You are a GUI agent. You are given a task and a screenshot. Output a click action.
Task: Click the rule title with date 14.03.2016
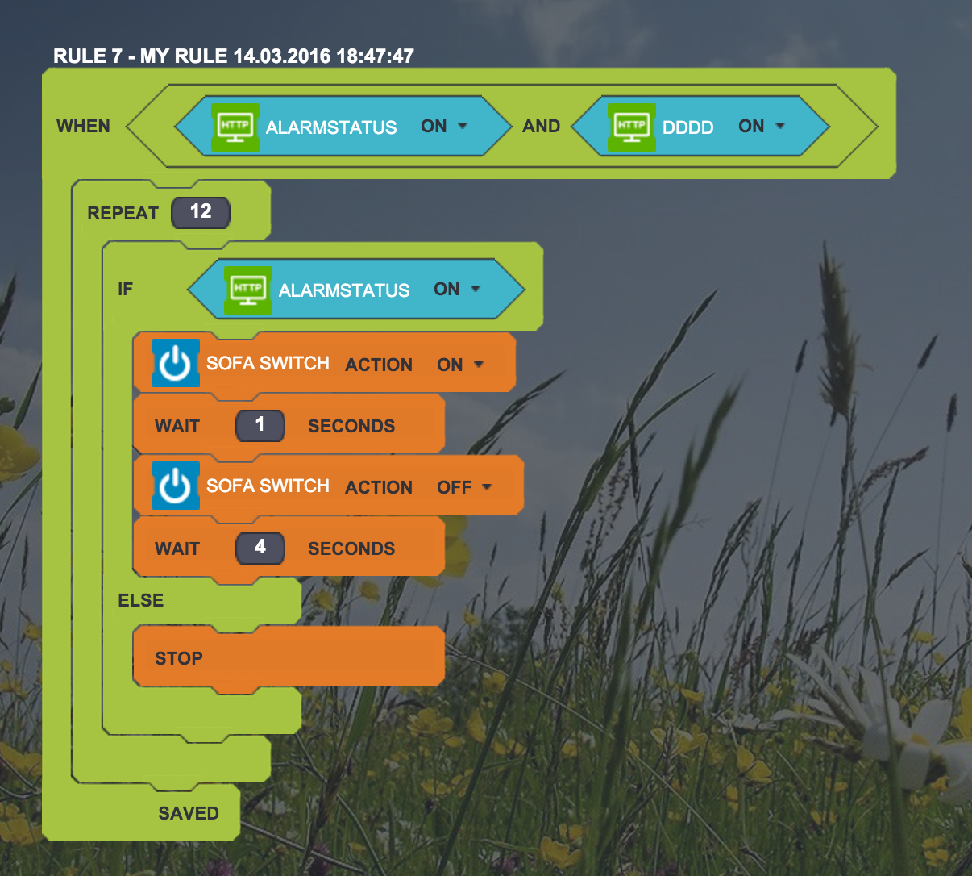coord(233,56)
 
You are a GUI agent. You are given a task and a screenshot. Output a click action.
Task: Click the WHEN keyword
coord(83,126)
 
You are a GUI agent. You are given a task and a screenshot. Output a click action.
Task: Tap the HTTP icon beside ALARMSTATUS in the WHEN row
coord(235,127)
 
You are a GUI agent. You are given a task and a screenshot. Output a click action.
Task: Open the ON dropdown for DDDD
coord(762,126)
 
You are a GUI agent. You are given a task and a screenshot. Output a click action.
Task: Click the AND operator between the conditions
coord(541,126)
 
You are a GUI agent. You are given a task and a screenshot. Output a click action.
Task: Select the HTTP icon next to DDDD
coord(631,127)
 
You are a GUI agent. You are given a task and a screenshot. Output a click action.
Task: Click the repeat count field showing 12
coord(201,212)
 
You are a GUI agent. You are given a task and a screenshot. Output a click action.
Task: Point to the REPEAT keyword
coord(123,213)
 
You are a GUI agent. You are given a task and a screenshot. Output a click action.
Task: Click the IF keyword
coord(125,289)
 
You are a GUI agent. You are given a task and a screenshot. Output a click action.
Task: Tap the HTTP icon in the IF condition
coord(247,290)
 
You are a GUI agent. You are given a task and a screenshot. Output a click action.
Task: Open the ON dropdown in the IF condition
coord(457,289)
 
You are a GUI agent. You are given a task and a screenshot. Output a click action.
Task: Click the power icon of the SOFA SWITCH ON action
coord(175,364)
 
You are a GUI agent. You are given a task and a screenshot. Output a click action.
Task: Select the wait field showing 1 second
coord(260,425)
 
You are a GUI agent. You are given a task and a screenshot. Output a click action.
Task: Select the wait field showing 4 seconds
coord(260,548)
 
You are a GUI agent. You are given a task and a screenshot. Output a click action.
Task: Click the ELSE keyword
coord(140,600)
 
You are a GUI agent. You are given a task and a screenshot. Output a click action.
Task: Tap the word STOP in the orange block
coord(178,658)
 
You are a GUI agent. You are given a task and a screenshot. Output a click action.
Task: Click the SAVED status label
coord(188,813)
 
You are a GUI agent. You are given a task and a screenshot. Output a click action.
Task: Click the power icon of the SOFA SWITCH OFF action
coord(175,486)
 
